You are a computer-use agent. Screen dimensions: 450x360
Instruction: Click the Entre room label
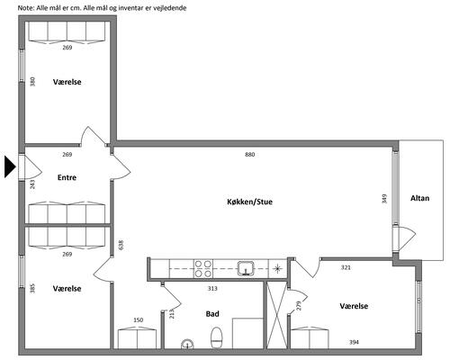point(67,177)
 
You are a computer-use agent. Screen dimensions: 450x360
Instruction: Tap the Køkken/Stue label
point(249,202)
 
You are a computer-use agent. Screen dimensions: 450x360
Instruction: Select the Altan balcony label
point(419,198)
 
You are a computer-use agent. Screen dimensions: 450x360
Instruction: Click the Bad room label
point(212,314)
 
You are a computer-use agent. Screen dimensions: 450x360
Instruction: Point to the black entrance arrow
point(10,166)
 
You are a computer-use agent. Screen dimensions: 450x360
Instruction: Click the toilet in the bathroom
point(216,337)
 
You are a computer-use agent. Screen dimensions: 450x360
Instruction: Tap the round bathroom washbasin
point(187,345)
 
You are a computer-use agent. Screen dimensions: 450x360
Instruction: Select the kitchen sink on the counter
point(246,268)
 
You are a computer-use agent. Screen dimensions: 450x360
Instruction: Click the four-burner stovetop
point(203,269)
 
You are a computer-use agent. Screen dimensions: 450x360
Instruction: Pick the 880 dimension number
point(249,155)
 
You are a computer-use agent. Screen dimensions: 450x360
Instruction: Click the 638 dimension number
point(121,245)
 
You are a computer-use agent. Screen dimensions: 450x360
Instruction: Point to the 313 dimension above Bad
point(212,289)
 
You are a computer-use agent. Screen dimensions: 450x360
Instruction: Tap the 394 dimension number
point(354,342)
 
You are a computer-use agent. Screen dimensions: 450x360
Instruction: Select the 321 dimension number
point(346,267)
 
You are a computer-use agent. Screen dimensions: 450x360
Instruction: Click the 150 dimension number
point(139,320)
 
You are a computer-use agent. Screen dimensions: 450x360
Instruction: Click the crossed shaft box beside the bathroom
point(277,315)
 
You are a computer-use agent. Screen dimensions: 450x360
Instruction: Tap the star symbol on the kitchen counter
point(278,268)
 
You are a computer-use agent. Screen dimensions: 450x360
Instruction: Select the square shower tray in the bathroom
point(247,333)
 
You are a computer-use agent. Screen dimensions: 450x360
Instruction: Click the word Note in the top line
point(25,8)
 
